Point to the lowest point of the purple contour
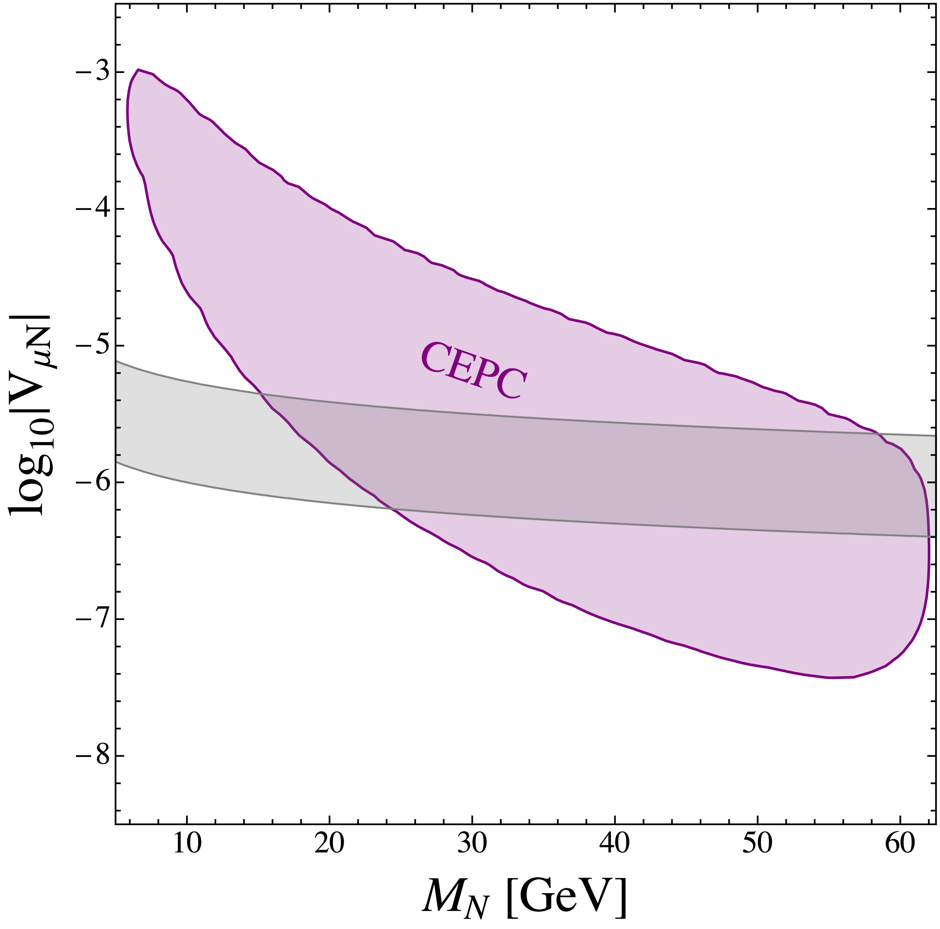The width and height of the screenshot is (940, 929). click(x=833, y=677)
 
